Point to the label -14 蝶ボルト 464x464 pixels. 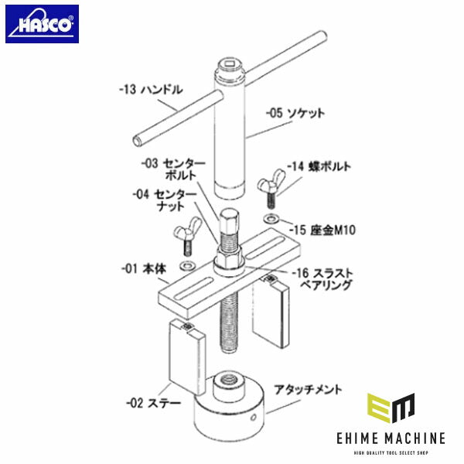point(319,165)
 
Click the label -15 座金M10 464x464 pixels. point(319,230)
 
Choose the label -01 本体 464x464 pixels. point(144,269)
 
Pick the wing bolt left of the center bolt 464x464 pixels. point(186,234)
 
